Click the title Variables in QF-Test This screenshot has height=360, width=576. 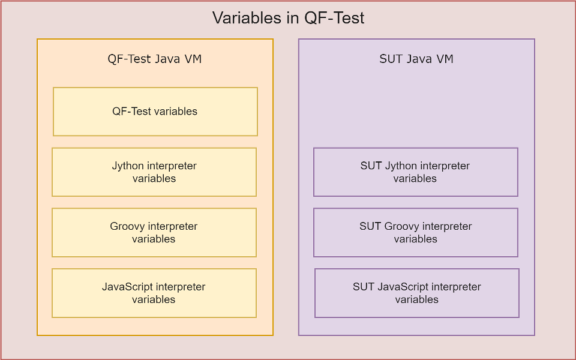[289, 17]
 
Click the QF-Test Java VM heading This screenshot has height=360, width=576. [155, 59]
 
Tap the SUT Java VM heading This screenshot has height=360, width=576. [416, 59]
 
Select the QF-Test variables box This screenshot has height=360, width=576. [155, 112]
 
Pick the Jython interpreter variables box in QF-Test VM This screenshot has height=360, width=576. [154, 172]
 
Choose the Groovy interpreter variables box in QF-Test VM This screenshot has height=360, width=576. [154, 233]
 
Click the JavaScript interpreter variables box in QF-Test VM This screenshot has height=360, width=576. [154, 293]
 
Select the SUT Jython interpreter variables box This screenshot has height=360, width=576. [416, 172]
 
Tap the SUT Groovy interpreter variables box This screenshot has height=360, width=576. [416, 233]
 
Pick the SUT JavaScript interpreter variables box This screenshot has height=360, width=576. [417, 293]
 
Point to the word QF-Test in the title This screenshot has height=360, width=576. [335, 17]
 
